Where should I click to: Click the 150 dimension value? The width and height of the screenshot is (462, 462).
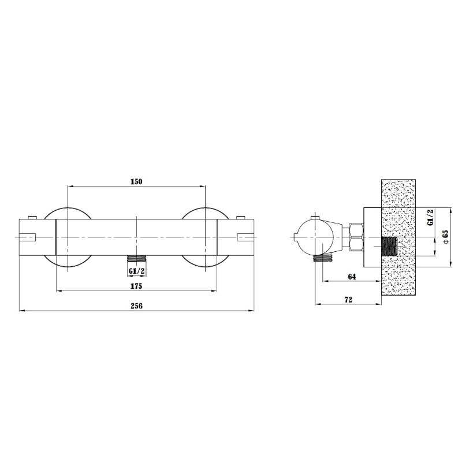136,181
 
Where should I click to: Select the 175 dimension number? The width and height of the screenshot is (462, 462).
136,286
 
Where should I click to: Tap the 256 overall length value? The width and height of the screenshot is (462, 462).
136,306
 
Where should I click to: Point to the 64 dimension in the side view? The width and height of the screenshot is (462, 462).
352,277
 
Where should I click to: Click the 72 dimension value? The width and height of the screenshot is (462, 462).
348,300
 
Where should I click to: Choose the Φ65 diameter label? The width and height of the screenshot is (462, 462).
446,237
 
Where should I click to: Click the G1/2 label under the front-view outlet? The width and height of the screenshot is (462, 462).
136,271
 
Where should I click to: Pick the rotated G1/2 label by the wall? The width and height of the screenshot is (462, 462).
430,218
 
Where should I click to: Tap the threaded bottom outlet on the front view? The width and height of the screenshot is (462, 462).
136,258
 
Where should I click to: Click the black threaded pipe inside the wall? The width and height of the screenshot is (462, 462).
389,247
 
